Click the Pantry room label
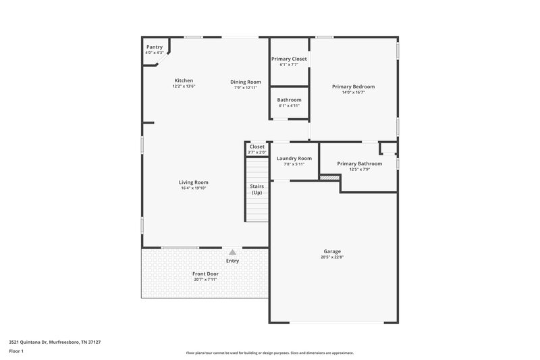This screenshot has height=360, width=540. click(x=154, y=47)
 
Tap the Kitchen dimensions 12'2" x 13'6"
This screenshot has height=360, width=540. click(x=184, y=87)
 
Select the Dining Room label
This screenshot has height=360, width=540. click(x=246, y=82)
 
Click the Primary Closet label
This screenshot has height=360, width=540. click(x=289, y=59)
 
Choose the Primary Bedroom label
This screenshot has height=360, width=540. click(x=353, y=86)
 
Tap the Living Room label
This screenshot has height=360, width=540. click(x=193, y=182)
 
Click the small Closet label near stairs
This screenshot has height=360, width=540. click(x=256, y=147)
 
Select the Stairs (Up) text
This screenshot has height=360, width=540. click(x=256, y=189)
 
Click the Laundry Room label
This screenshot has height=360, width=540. click(x=294, y=158)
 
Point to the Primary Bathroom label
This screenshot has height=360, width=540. click(x=360, y=163)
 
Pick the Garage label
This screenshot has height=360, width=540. click(x=331, y=251)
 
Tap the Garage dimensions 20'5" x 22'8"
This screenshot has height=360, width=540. click(x=331, y=257)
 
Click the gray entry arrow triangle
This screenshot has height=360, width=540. click(x=232, y=251)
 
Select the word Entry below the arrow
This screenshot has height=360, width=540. click(x=232, y=261)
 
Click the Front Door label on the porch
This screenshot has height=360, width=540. click(x=206, y=274)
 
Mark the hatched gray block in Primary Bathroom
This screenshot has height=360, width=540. click(x=328, y=178)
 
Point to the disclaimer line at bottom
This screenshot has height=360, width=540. click(x=269, y=353)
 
